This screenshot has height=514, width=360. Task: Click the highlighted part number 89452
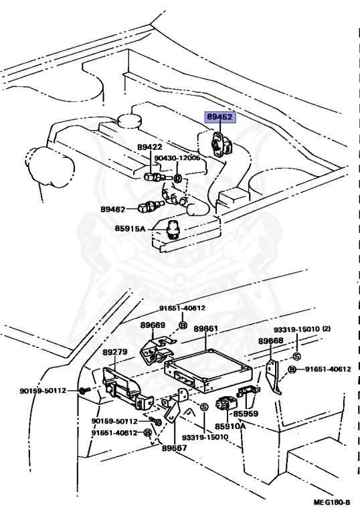220,117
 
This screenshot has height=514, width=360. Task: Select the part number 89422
149,147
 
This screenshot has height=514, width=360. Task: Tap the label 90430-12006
177,158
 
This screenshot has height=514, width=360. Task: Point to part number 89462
113,209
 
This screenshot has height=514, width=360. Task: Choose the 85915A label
130,228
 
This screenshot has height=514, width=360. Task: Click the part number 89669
153,325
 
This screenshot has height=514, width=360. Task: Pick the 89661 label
206,329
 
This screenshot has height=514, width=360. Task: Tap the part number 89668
271,341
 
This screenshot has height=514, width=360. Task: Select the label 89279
114,352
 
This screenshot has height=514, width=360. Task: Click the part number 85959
246,414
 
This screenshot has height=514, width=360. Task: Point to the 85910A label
230,426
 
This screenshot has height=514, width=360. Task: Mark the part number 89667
175,448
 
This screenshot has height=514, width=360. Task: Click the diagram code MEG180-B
332,502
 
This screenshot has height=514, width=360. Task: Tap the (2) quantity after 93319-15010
327,329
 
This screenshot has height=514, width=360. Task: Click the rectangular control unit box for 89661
208,370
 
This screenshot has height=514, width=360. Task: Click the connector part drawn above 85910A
224,404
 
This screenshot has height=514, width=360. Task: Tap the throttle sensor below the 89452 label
221,144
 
